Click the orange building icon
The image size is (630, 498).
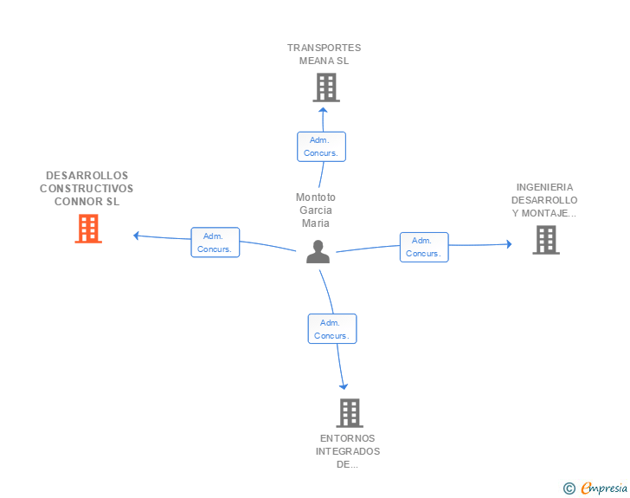point(88,229)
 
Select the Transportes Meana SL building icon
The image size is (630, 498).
point(326,87)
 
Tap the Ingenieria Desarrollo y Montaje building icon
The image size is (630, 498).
point(546,240)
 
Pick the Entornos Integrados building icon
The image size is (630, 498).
point(350,413)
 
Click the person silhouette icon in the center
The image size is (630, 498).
point(318,251)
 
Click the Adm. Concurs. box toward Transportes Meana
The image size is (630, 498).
point(321,147)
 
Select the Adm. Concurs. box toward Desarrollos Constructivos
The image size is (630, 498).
point(215,243)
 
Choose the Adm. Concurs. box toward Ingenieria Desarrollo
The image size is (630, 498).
point(424,247)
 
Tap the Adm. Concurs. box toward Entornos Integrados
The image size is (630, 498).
point(332,328)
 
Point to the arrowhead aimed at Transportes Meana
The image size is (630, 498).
point(323,110)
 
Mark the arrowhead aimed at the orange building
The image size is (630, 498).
point(136,236)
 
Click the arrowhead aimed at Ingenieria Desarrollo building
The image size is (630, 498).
point(509,243)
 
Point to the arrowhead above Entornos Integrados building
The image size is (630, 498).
point(344,386)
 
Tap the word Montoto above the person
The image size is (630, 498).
point(315,197)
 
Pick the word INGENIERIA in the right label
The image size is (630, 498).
point(544,187)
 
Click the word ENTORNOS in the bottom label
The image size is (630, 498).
point(348,438)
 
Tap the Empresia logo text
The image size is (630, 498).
point(604,488)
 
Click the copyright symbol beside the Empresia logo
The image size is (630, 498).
point(569,488)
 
